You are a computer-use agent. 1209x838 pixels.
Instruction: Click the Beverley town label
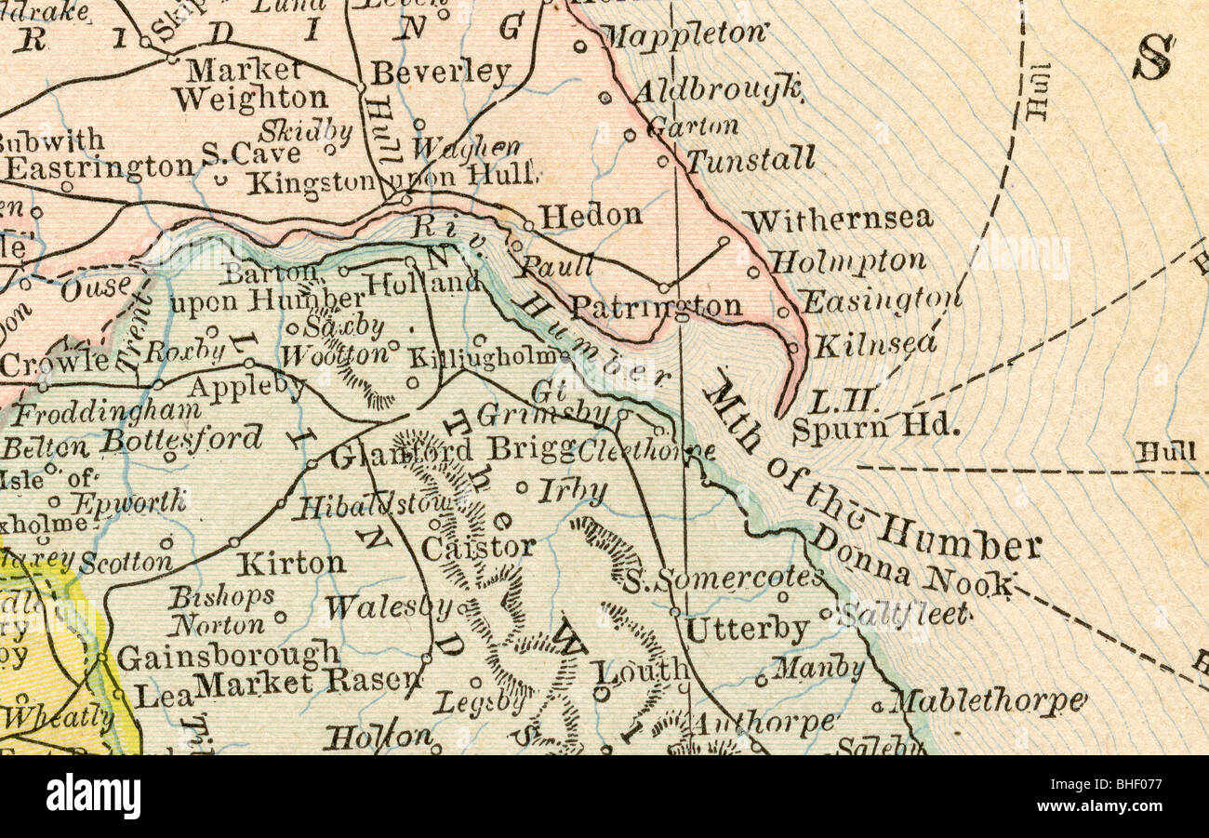[x=441, y=73]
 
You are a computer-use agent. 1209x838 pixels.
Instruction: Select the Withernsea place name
[x=837, y=219]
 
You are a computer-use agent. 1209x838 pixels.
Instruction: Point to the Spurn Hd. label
[x=874, y=428]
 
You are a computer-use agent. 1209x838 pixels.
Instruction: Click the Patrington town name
[x=656, y=306]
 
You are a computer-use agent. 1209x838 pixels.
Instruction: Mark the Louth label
[x=642, y=671]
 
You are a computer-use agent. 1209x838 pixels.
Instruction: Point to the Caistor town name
[x=478, y=548]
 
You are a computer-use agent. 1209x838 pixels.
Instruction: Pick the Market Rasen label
[x=307, y=684]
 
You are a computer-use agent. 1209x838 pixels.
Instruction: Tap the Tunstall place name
[x=751, y=160]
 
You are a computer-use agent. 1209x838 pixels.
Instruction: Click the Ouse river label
[x=96, y=289]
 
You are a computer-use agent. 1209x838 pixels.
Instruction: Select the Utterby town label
[x=747, y=630]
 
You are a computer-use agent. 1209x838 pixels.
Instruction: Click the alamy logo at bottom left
[x=93, y=797]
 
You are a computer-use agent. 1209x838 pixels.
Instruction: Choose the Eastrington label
[x=99, y=167]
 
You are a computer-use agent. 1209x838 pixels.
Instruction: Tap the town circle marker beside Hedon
[x=528, y=225]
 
